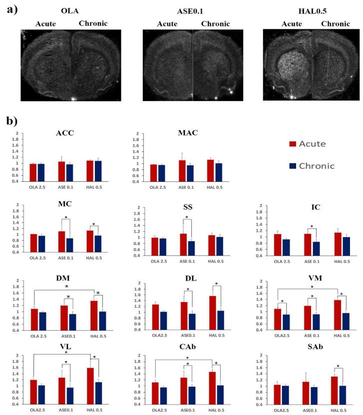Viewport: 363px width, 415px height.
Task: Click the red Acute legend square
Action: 294,144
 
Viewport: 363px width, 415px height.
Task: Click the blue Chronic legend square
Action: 294,165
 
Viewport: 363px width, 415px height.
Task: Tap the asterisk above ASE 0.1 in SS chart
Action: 187,217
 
